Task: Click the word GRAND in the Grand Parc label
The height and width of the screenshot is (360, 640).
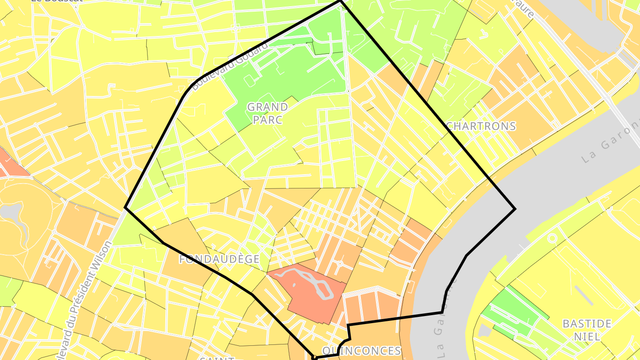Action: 268,107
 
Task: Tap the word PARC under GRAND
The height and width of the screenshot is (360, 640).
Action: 268,120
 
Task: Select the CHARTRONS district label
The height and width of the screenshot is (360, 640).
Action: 481,126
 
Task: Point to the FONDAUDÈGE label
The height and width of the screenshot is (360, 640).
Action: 220,260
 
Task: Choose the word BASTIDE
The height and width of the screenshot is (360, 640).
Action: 587,324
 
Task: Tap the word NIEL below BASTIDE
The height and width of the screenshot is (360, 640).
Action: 587,336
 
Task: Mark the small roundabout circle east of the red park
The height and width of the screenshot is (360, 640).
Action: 340,263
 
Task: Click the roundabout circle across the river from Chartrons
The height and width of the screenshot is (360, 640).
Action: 552,238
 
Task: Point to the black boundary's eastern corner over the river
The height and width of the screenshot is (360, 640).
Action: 515,208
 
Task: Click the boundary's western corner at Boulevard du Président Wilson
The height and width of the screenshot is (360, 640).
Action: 125,207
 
